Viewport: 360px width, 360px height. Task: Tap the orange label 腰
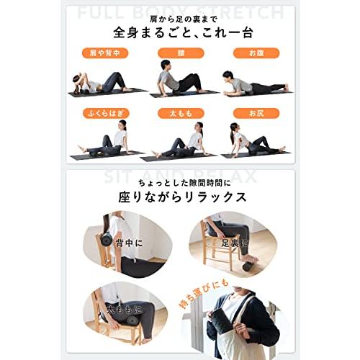tap(181, 53)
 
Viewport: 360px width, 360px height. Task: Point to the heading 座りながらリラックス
tap(180, 196)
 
